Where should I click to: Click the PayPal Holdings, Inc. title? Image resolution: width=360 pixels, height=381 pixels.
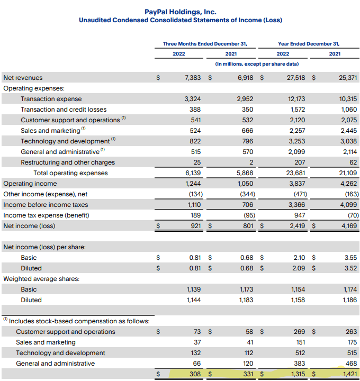180,11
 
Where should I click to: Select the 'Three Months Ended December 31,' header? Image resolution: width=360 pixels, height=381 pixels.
205,43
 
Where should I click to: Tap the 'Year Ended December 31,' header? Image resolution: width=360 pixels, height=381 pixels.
309,43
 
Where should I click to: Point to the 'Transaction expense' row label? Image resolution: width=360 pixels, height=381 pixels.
51,99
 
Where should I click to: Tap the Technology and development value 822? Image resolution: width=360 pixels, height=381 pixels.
195,141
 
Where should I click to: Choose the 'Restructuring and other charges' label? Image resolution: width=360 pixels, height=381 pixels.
68,162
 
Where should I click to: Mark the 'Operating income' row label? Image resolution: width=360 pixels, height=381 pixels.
30,184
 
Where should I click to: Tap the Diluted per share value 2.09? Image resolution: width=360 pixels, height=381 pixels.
299,268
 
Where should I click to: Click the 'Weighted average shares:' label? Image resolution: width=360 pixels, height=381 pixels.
41,279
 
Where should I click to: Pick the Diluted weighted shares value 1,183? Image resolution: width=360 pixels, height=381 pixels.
246,300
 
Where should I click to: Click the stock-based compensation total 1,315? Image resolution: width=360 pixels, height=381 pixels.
297,374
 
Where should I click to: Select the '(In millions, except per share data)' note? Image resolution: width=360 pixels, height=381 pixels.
257,64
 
